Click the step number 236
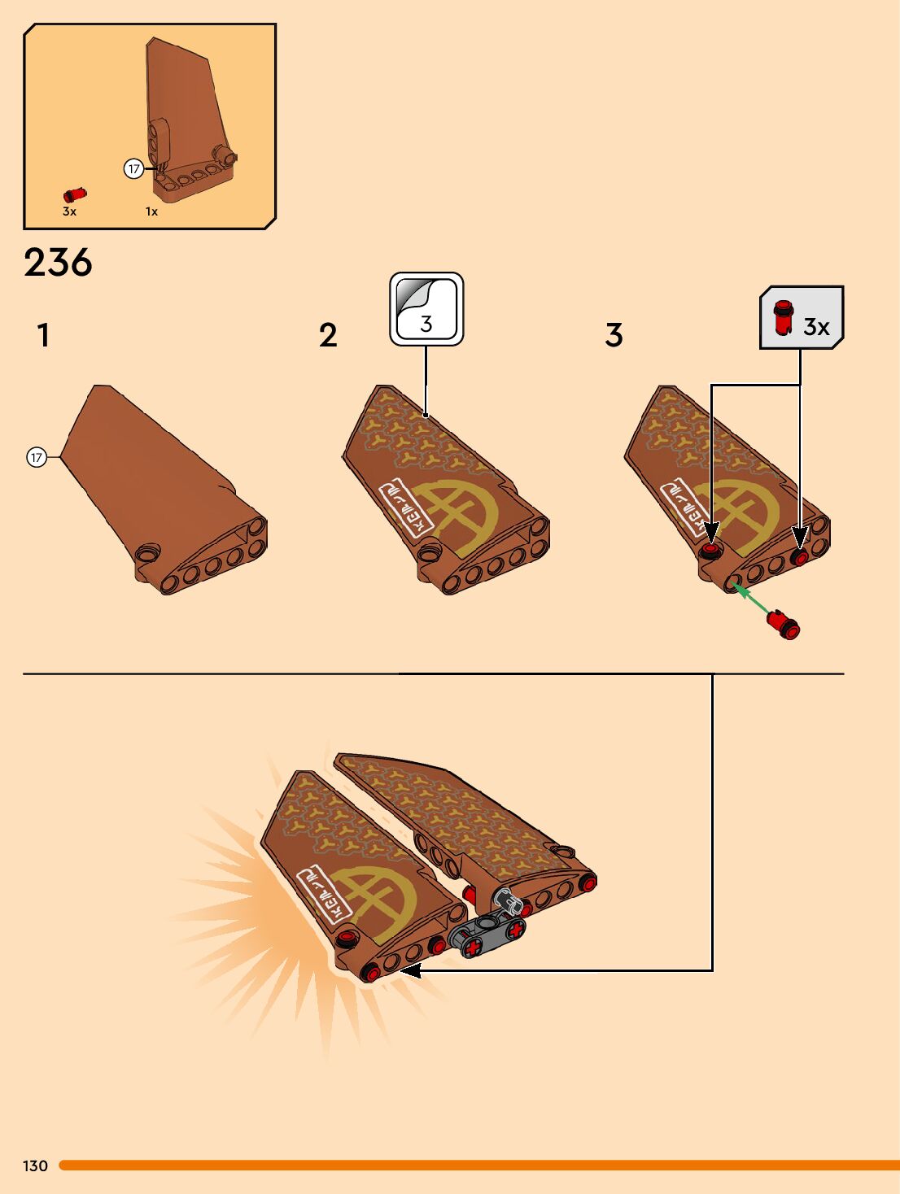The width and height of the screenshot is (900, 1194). [x=58, y=263]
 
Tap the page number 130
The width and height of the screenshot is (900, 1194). [x=35, y=1166]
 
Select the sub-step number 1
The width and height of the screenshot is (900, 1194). [x=43, y=335]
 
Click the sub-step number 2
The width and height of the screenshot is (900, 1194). [x=328, y=335]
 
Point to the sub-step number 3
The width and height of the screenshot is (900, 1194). [x=614, y=335]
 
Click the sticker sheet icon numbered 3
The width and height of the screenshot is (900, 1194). [x=426, y=309]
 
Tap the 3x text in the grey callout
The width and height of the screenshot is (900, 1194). [x=816, y=327]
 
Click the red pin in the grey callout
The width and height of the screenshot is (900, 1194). [x=783, y=317]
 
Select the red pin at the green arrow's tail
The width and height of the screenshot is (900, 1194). [x=784, y=625]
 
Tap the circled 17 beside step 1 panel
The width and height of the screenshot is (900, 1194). [x=36, y=457]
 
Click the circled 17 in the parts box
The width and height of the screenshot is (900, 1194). [x=133, y=169]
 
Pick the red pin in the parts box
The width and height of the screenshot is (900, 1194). [x=75, y=195]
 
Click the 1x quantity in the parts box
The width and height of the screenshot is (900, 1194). [x=151, y=211]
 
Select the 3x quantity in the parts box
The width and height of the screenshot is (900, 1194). [x=69, y=211]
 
